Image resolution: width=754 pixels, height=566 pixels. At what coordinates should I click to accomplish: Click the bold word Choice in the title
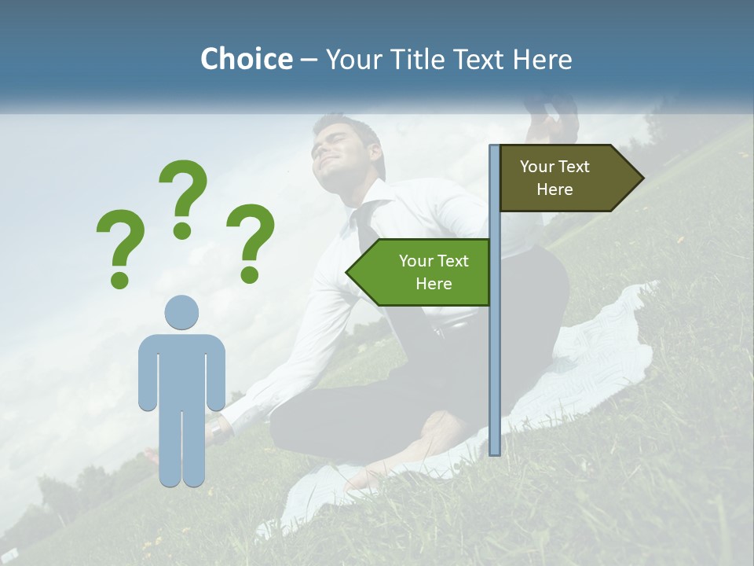point(246,60)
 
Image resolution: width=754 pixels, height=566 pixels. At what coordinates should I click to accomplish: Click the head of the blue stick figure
point(181,313)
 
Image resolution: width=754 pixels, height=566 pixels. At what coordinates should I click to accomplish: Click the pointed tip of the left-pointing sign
point(349,272)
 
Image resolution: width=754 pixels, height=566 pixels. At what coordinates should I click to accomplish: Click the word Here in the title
point(543,60)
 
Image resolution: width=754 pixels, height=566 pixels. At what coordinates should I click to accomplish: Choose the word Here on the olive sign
point(555,189)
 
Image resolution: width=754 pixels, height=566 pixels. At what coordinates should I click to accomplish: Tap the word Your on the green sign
point(417,261)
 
